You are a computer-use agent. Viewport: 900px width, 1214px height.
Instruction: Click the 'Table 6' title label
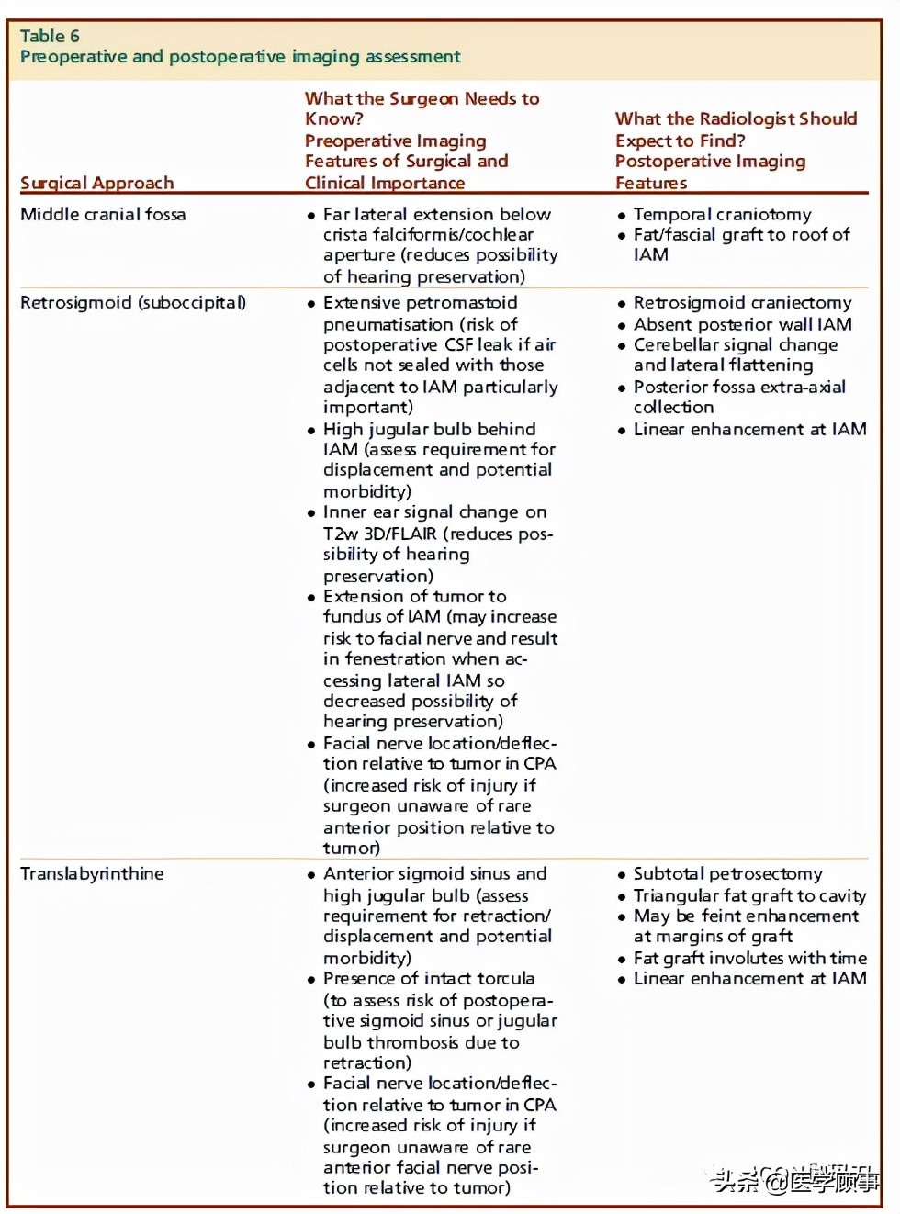pyautogui.click(x=50, y=37)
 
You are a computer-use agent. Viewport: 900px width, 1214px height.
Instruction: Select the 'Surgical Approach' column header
pyautogui.click(x=96, y=183)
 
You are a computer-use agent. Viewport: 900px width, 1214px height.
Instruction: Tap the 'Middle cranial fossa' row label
pyautogui.click(x=103, y=214)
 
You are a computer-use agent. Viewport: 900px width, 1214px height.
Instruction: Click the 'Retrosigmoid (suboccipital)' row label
pyautogui.click(x=133, y=303)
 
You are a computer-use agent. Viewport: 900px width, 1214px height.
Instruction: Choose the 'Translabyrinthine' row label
pyautogui.click(x=92, y=873)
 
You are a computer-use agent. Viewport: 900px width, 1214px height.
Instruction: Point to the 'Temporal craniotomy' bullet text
pyautogui.click(x=722, y=214)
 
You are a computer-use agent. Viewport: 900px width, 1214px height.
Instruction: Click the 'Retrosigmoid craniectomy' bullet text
pyautogui.click(x=742, y=303)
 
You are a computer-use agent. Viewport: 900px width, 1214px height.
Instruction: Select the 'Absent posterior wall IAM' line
pyautogui.click(x=742, y=324)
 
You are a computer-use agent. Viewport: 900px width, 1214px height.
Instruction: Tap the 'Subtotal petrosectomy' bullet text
pyautogui.click(x=727, y=873)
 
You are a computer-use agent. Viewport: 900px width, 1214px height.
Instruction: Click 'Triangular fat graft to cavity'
pyautogui.click(x=749, y=895)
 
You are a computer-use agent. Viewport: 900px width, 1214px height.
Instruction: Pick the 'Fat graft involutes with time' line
pyautogui.click(x=749, y=958)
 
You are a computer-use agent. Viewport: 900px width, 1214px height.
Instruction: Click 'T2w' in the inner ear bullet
pyautogui.click(x=341, y=534)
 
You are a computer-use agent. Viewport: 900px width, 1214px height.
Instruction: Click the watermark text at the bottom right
pyautogui.click(x=795, y=1179)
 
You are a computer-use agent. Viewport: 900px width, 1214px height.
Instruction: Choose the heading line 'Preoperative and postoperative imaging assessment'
pyautogui.click(x=241, y=57)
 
